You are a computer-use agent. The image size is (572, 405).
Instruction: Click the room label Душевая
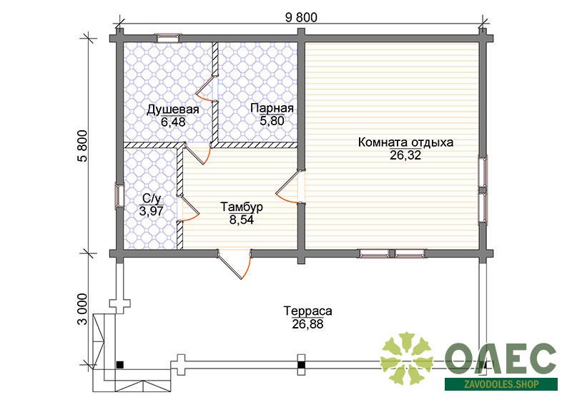point(172,109)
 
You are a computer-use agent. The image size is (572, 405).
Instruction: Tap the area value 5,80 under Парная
point(272,120)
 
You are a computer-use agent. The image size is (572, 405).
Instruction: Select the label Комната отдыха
point(405,142)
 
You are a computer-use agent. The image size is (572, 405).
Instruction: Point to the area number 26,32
point(405,155)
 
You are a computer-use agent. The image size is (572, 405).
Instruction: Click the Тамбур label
point(242,207)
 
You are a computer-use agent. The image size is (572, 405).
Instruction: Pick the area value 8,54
point(242,220)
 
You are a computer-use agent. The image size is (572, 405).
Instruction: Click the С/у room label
point(152,199)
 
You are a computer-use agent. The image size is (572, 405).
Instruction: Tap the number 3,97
point(151,211)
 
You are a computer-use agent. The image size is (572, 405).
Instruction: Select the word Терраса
point(308,311)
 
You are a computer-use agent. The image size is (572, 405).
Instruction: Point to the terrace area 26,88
point(307,324)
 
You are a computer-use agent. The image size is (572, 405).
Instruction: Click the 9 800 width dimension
point(301,17)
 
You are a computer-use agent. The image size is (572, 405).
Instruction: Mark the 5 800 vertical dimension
point(83,146)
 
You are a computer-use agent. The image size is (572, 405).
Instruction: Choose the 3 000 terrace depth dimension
point(83,309)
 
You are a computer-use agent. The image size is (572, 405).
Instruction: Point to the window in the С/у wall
point(119,196)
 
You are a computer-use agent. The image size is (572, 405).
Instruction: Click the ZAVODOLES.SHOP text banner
point(501,384)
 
